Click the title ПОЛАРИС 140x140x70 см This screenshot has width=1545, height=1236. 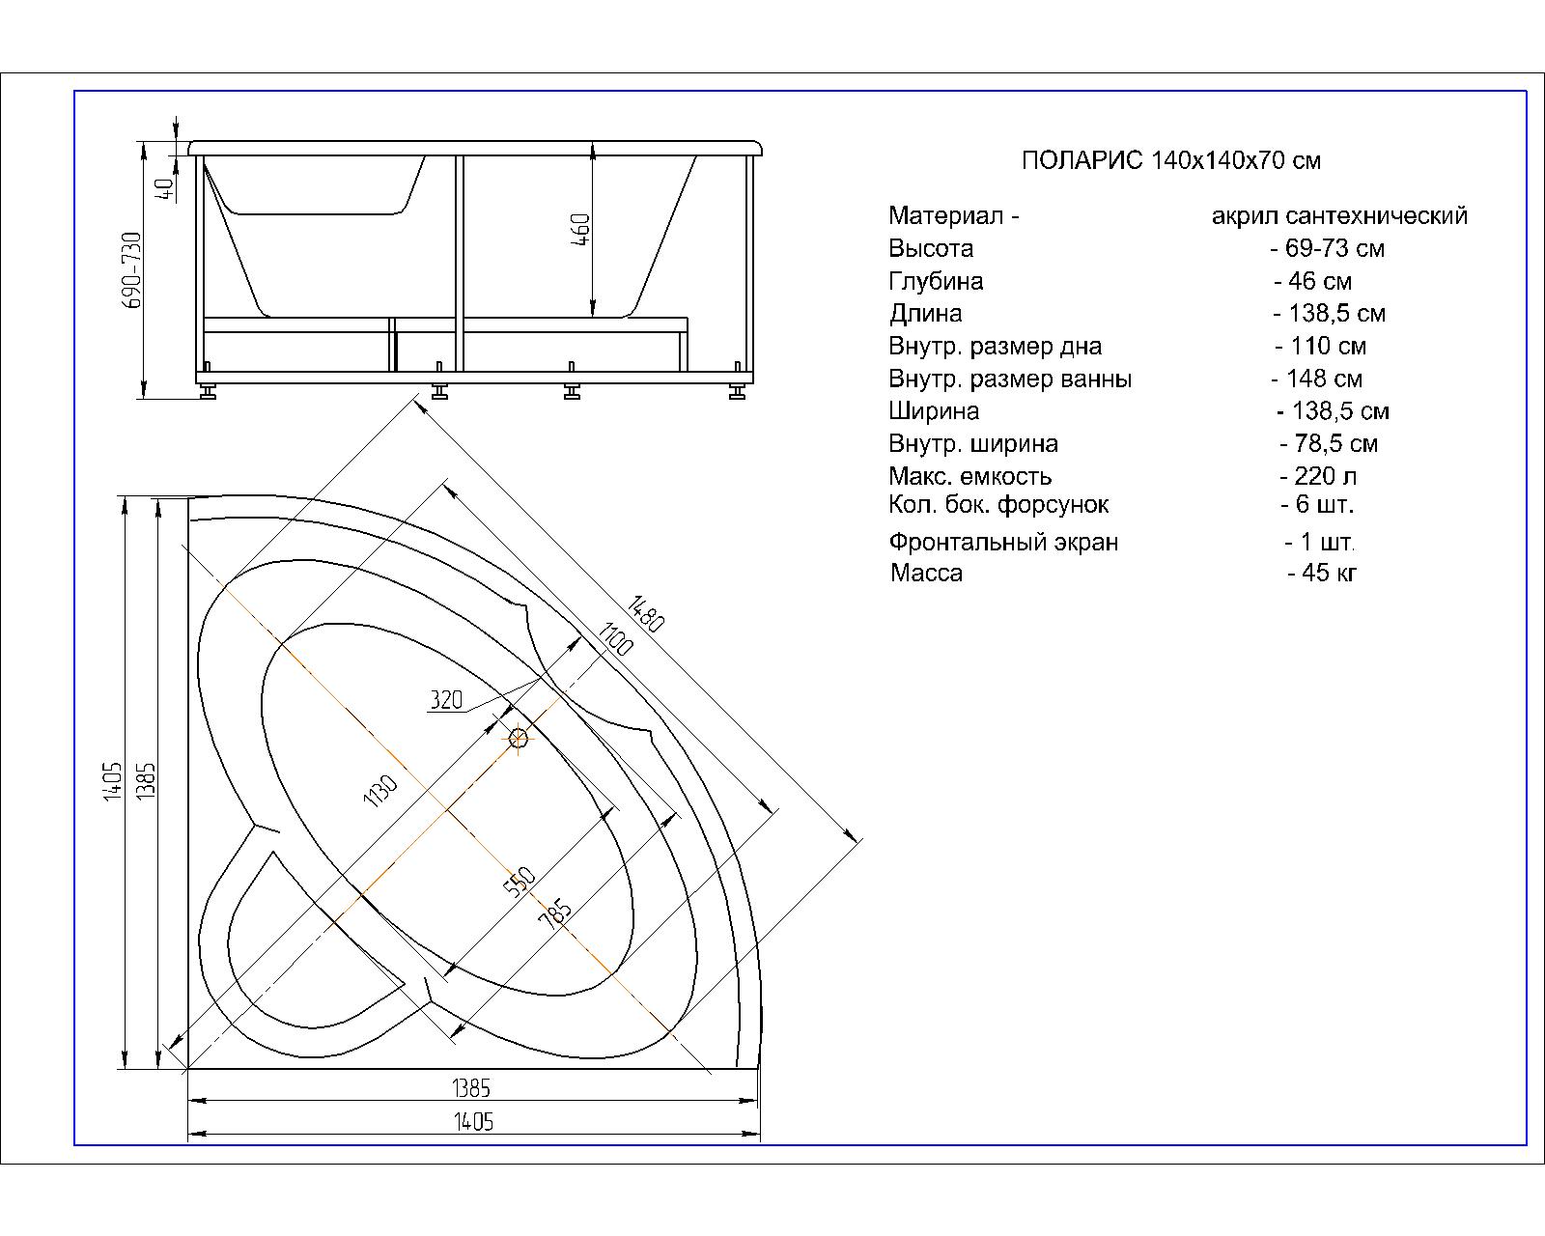click(1170, 160)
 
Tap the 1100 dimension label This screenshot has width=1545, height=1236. click(615, 639)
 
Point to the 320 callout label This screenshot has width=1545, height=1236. click(446, 700)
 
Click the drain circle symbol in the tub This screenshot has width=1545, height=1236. click(519, 739)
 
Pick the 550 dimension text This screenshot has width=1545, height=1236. click(520, 881)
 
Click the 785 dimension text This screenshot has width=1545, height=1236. click(555, 913)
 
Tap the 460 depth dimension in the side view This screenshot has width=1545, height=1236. click(580, 230)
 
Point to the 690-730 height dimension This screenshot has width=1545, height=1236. click(132, 269)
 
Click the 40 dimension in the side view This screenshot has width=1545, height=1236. click(164, 189)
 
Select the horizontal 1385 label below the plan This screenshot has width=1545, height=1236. click(471, 1088)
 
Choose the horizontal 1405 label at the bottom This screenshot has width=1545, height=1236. click(473, 1122)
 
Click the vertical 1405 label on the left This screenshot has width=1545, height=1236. click(112, 779)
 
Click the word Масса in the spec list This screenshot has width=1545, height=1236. click(926, 574)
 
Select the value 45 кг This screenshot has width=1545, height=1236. click(1323, 573)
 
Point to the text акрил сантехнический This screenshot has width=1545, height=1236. click(1339, 216)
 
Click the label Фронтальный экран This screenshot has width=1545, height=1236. click(1003, 543)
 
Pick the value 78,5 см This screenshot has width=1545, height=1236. click(1329, 444)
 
